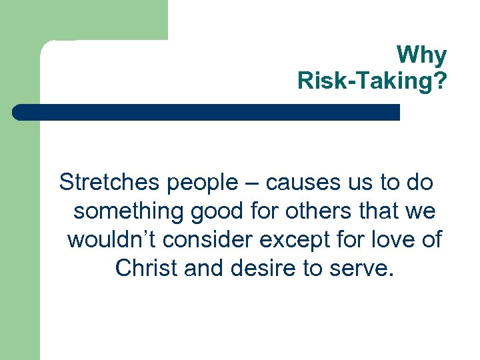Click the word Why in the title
click(x=421, y=55)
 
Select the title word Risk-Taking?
click(x=372, y=81)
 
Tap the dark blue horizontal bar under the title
click(x=207, y=112)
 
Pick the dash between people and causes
click(x=253, y=183)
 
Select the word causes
click(x=297, y=182)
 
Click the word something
click(x=129, y=211)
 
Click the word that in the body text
click(x=385, y=211)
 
